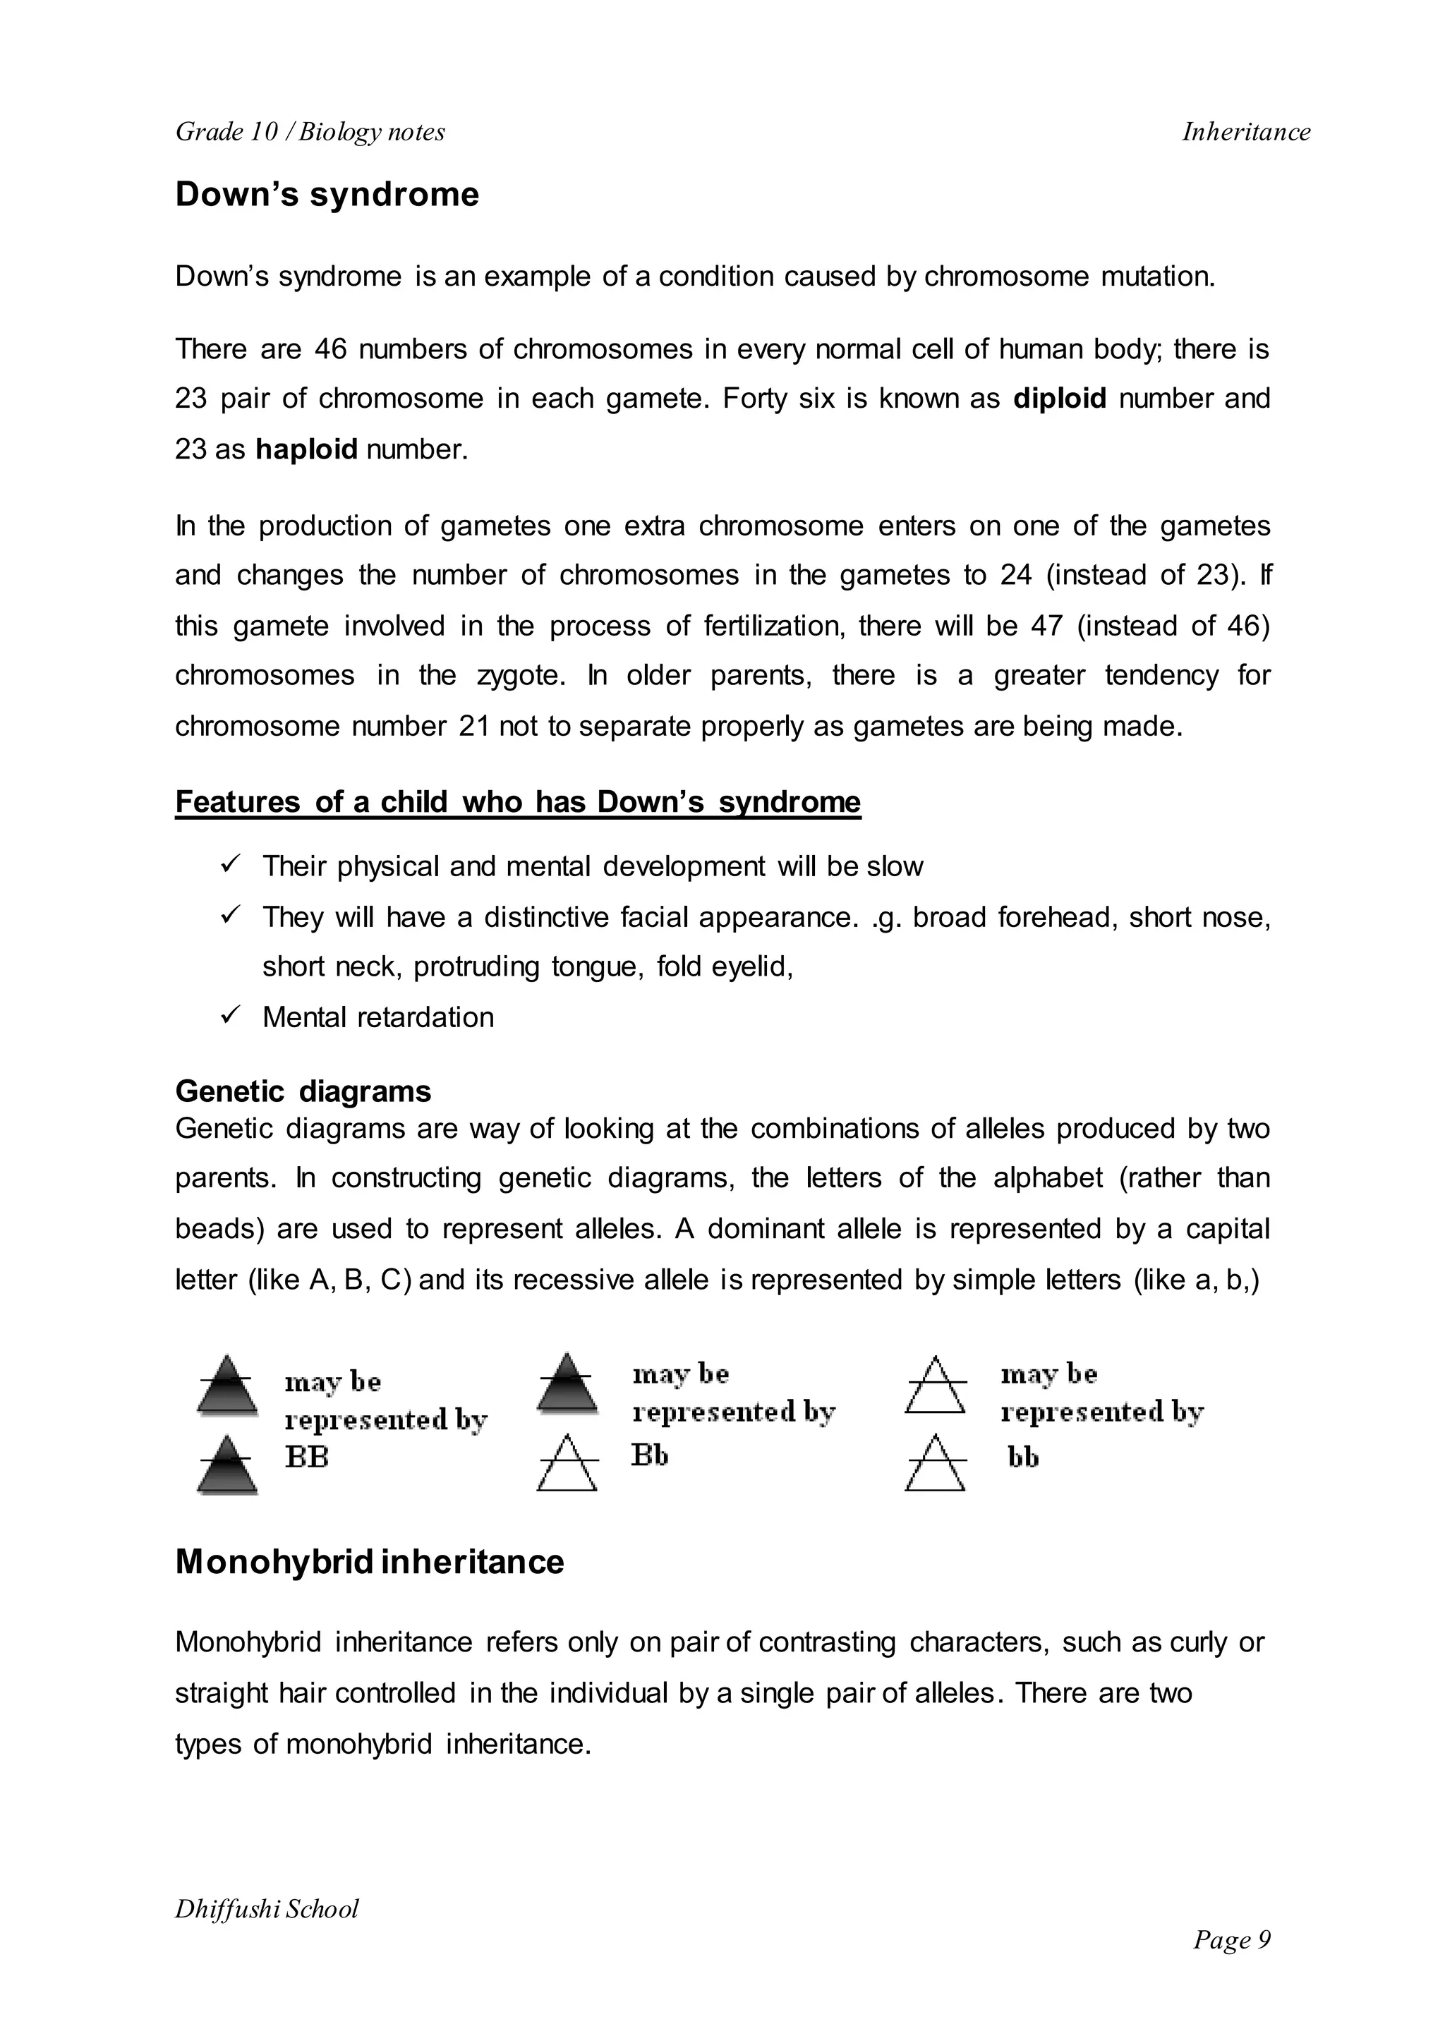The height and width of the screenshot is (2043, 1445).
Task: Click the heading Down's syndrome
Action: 327,195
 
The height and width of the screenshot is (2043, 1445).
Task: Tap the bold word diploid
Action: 1059,399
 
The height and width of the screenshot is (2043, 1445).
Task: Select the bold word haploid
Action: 306,449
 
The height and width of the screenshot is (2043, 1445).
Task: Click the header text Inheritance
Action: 1246,133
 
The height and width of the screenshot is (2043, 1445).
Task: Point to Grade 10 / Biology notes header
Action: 310,133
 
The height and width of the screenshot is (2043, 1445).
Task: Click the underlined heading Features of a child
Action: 518,803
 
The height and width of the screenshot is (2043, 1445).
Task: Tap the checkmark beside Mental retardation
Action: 231,1014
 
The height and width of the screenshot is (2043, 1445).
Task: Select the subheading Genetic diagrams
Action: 303,1092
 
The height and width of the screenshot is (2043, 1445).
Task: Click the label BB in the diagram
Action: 306,1457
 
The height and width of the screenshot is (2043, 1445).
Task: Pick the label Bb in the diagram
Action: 650,1455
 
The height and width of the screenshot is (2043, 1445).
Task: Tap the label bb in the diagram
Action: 1022,1457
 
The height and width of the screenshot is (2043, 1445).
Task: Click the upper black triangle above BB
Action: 228,1386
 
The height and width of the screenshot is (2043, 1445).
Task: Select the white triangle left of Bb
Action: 567,1463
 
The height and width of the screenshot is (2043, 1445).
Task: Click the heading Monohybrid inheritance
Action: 369,1563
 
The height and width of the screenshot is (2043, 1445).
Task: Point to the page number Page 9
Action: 1231,1940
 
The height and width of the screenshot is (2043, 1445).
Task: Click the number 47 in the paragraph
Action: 1046,626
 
